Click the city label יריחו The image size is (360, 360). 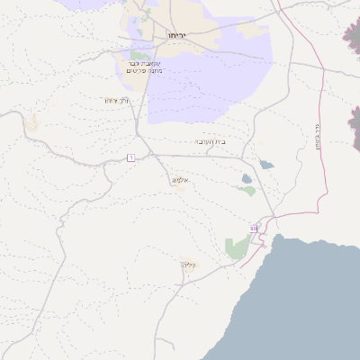(176, 34)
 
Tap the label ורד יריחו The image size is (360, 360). (117, 100)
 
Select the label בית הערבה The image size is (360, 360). (211, 141)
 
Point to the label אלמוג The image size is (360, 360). (179, 180)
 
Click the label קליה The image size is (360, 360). (188, 265)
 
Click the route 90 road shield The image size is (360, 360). (254, 229)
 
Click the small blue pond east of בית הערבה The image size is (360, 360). (266, 165)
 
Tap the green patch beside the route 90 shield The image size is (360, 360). (237, 247)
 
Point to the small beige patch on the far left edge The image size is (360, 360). (31, 121)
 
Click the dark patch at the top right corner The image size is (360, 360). (352, 36)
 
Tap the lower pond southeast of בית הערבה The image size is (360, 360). (247, 190)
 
